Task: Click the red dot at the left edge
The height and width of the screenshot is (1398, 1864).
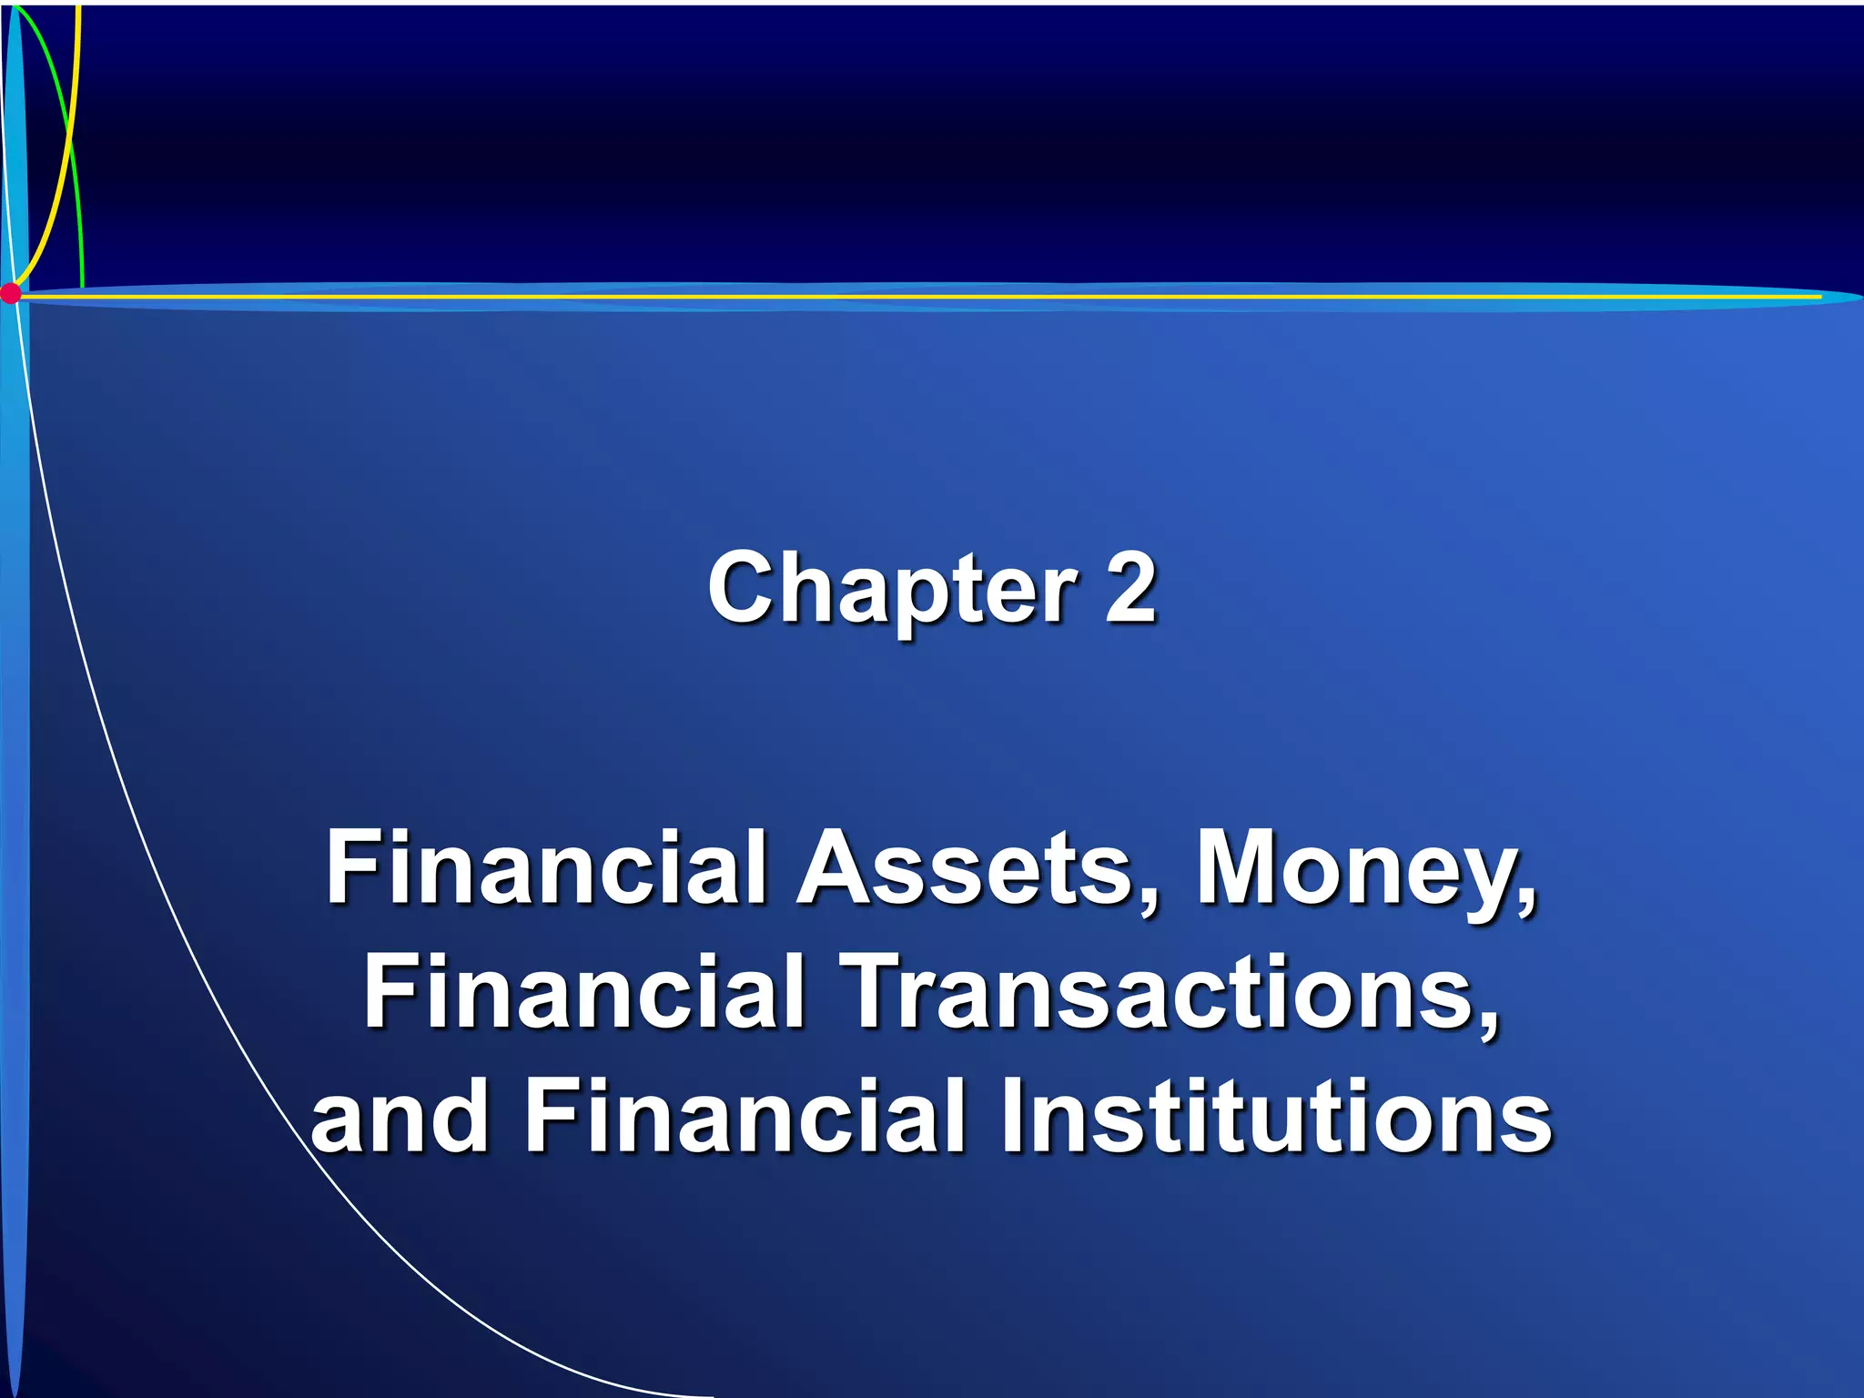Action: (10, 293)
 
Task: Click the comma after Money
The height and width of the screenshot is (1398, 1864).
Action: (1522, 901)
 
